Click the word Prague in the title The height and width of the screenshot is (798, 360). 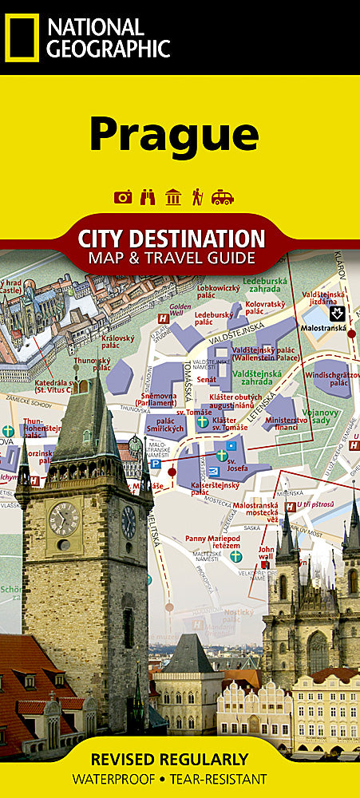173,133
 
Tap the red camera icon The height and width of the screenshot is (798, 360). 123,197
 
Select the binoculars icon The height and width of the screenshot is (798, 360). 148,197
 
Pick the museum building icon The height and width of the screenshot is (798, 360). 172,197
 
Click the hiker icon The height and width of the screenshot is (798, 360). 196,197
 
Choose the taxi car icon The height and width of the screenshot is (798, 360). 223,197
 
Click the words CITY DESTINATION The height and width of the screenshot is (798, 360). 172,238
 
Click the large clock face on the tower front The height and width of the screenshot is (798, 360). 64,518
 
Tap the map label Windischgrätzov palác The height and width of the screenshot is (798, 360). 329,377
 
